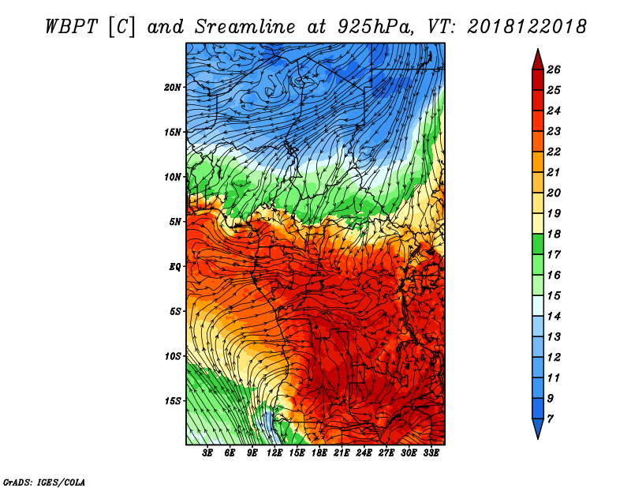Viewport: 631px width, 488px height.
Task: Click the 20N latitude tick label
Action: pyautogui.click(x=172, y=88)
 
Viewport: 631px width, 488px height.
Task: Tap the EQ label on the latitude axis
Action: pyautogui.click(x=175, y=267)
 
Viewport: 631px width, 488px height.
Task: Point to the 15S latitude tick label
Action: pyautogui.click(x=172, y=401)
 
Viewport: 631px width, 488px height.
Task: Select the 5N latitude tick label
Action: pyautogui.click(x=175, y=222)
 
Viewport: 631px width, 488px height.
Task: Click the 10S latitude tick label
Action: pyautogui.click(x=172, y=356)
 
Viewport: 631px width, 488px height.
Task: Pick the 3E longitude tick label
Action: pyautogui.click(x=207, y=453)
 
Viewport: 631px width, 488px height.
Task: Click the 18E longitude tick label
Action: pyautogui.click(x=319, y=453)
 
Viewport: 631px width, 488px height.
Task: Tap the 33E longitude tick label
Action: pyautogui.click(x=431, y=453)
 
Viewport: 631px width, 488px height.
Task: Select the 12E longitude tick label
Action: pyautogui.click(x=274, y=453)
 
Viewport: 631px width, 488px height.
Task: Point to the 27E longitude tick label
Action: pyautogui.click(x=386, y=453)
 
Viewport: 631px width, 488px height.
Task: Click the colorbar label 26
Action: pyautogui.click(x=554, y=69)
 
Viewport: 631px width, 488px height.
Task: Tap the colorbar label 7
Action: pyautogui.click(x=550, y=419)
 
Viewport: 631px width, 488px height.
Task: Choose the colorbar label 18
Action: pyautogui.click(x=554, y=234)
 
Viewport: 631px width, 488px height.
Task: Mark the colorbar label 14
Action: pyautogui.click(x=554, y=317)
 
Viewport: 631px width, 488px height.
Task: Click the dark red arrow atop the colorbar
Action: pyautogui.click(x=538, y=61)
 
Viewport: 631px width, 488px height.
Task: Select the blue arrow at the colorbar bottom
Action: pyautogui.click(x=538, y=427)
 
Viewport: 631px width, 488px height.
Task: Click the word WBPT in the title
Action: pyautogui.click(x=71, y=27)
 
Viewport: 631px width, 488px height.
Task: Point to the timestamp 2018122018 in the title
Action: pyautogui.click(x=526, y=27)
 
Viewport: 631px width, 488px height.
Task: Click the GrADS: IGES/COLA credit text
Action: pyautogui.click(x=44, y=482)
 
